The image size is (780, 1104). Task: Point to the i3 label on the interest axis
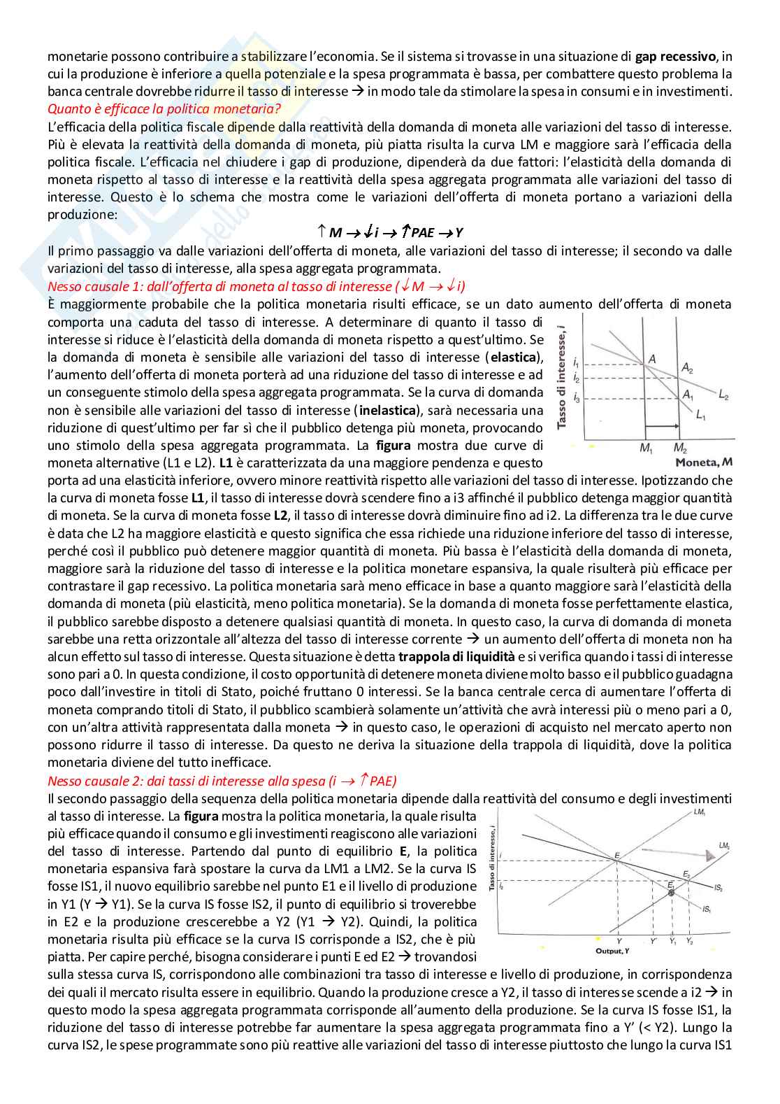(576, 398)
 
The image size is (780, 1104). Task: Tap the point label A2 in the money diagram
(687, 368)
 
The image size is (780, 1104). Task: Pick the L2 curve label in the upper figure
(723, 396)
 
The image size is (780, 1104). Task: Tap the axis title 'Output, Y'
(612, 951)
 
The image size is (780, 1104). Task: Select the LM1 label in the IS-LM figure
(700, 812)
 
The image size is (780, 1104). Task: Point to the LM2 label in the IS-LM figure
(725, 846)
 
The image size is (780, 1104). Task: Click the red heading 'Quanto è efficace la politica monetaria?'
(164, 109)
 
